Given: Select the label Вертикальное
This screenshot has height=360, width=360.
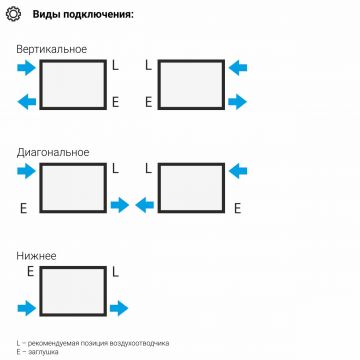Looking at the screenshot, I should (x=52, y=49).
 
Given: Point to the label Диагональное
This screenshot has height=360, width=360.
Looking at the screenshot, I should (x=53, y=153).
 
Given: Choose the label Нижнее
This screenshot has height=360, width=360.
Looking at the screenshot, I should (x=37, y=256).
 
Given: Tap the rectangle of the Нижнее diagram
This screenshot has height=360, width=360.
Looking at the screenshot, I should (x=73, y=291).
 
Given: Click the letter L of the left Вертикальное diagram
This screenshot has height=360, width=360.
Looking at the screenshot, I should (x=115, y=67).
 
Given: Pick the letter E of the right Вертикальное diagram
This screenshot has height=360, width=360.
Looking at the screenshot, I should (x=148, y=102).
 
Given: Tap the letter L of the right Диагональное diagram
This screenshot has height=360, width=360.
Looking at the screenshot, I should (x=148, y=170).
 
